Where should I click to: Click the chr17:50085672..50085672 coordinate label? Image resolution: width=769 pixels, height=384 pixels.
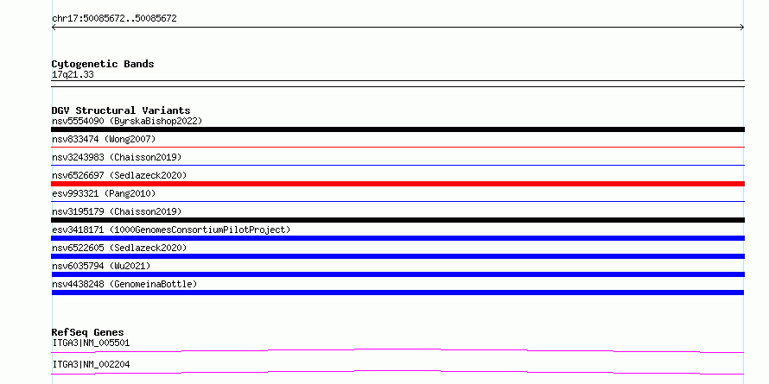(114, 19)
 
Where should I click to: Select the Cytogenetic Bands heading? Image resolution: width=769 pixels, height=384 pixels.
(103, 64)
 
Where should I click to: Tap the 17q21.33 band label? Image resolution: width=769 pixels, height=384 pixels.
(73, 75)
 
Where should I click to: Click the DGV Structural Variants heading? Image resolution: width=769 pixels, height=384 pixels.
(121, 110)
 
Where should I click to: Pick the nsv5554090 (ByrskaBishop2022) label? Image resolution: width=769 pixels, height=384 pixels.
(127, 121)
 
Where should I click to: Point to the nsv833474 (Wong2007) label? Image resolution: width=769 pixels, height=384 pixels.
(104, 139)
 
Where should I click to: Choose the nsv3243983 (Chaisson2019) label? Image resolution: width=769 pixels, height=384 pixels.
(117, 157)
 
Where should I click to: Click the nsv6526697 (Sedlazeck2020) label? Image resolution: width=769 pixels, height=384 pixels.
(119, 175)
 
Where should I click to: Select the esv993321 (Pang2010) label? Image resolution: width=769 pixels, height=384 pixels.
(104, 193)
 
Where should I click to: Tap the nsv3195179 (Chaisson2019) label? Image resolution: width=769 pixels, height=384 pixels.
(117, 211)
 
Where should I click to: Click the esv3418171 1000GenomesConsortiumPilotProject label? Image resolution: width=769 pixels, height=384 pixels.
(171, 230)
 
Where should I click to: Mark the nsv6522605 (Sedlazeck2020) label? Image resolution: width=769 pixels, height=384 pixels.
(119, 248)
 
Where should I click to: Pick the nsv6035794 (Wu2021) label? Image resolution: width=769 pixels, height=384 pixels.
(101, 266)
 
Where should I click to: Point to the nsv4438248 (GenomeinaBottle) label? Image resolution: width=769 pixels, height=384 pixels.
(124, 284)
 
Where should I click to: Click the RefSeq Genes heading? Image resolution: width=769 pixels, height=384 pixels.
(88, 332)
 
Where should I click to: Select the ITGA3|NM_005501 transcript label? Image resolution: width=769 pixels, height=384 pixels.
(91, 343)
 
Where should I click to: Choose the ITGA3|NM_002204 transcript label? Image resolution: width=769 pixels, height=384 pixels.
(91, 364)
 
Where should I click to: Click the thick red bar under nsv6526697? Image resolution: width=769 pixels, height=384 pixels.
(397, 184)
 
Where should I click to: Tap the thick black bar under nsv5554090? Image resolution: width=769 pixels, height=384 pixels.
(397, 129)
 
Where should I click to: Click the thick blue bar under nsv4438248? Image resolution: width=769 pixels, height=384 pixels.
(397, 293)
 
